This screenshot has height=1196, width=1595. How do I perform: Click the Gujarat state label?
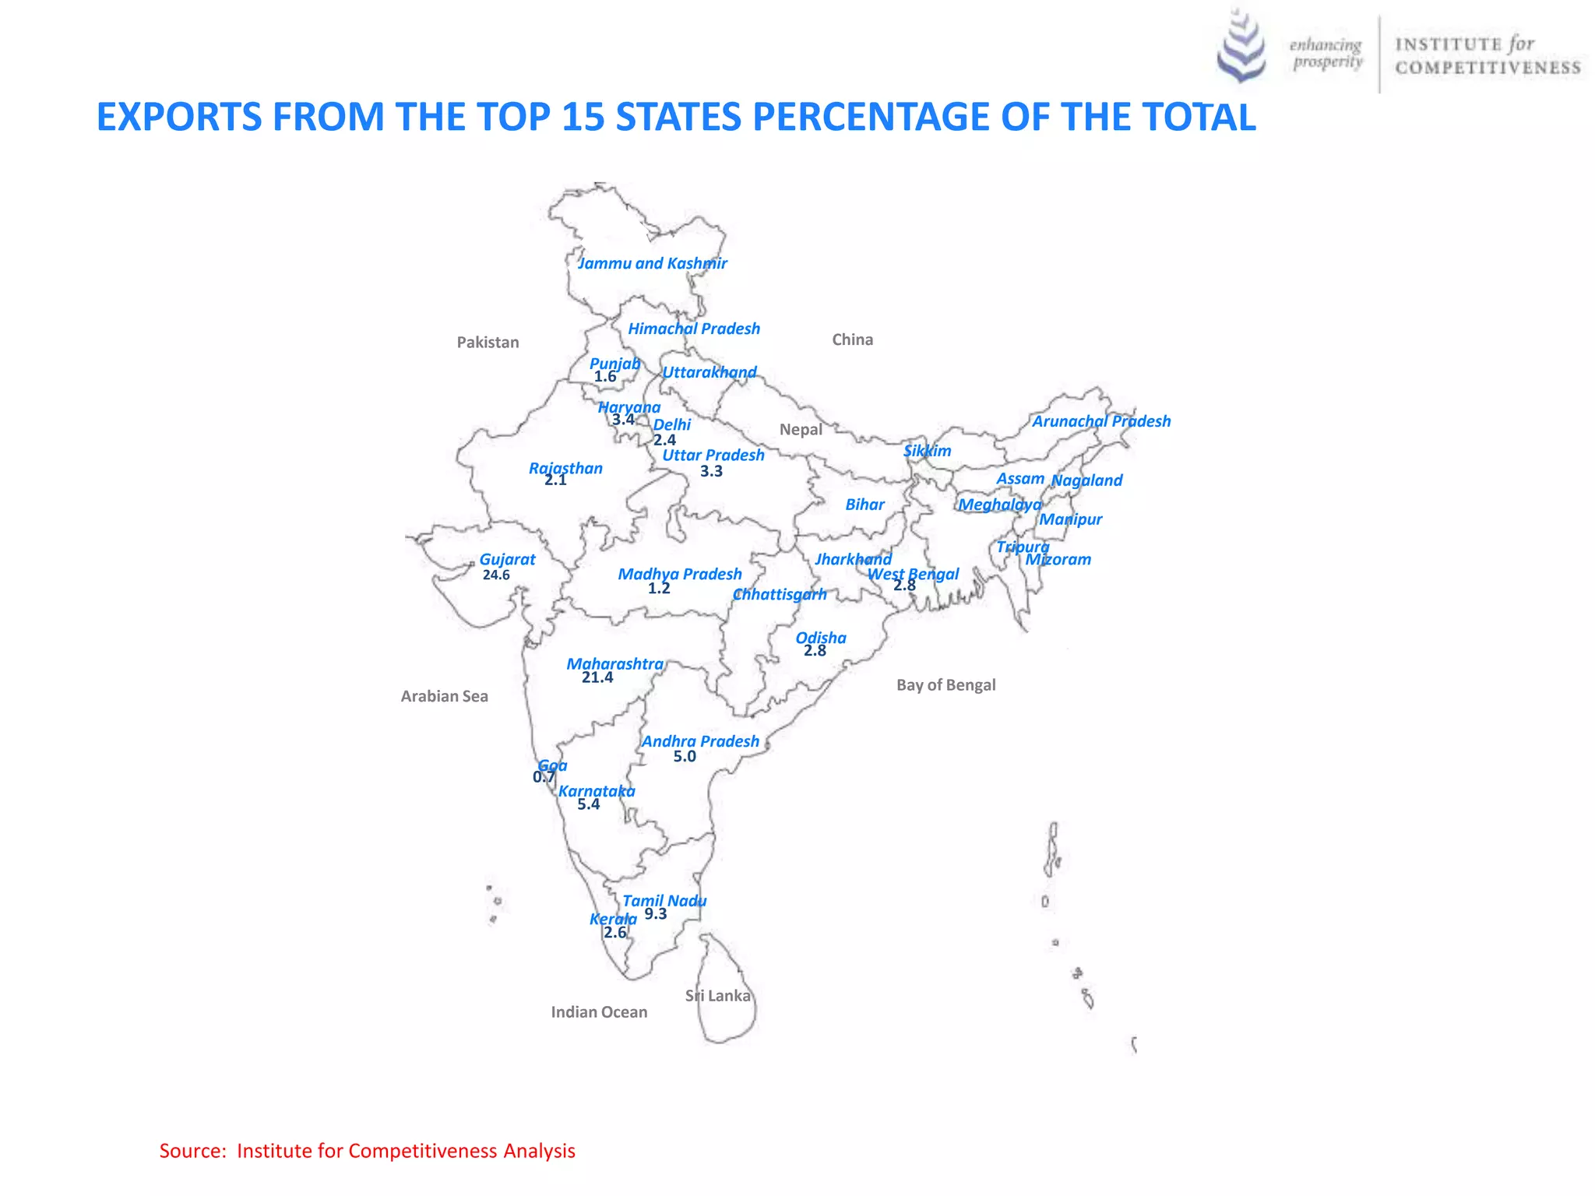click(507, 559)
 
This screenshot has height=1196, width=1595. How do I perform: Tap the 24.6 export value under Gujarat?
click(496, 575)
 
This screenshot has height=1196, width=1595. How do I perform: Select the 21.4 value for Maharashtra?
click(597, 677)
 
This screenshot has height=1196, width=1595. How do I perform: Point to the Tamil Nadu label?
click(664, 901)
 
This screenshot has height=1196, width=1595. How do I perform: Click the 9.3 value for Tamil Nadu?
click(656, 914)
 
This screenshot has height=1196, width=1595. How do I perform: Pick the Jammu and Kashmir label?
click(653, 263)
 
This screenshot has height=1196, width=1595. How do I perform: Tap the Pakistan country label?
click(488, 343)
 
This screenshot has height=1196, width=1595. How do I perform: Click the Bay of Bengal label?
click(945, 685)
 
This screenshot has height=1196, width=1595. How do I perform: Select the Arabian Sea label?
click(444, 696)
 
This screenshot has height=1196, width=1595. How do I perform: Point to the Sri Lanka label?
click(718, 996)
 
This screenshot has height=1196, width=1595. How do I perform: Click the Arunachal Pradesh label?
click(1101, 421)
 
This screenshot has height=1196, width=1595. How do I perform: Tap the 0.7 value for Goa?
click(544, 777)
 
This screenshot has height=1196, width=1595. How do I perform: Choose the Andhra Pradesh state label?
click(700, 741)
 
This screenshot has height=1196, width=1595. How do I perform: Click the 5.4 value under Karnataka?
click(589, 804)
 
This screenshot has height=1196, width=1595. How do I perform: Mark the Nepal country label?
click(801, 430)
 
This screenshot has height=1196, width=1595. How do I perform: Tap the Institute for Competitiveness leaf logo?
click(1241, 47)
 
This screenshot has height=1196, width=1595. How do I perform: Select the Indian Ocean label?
click(599, 1012)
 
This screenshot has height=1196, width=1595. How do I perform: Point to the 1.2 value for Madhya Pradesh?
click(659, 589)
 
